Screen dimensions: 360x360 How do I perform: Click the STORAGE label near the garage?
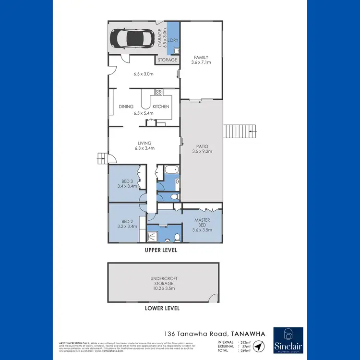click(167, 60)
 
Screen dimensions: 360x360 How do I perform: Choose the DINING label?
click(126, 107)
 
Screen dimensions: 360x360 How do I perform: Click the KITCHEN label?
click(161, 107)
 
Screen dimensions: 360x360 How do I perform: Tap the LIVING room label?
click(144, 143)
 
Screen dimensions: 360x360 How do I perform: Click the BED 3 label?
click(127, 181)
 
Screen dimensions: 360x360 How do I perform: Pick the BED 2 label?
click(127, 221)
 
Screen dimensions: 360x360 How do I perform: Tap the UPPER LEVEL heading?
click(161, 251)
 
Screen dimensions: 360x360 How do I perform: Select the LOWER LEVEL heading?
click(162, 308)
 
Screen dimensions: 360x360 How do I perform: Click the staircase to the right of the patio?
click(239, 130)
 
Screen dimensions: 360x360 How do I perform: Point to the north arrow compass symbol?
click(259, 346)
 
